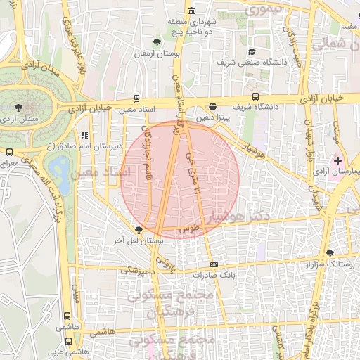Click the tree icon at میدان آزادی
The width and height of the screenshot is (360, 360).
[18, 108]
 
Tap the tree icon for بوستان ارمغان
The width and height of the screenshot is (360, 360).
[157, 42]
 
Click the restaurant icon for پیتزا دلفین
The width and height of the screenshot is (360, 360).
[213, 107]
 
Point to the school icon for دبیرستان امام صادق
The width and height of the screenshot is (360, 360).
[84, 134]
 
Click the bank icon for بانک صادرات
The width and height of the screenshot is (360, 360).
[214, 265]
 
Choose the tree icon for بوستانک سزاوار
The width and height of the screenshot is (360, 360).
[330, 253]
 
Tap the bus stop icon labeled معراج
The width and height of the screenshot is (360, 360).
[9, 151]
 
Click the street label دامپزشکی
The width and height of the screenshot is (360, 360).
[136, 270]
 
